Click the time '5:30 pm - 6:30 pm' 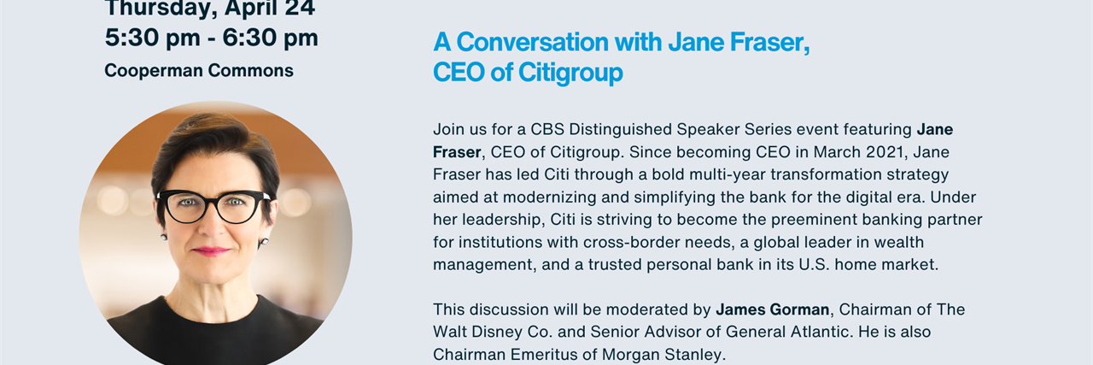click(211, 38)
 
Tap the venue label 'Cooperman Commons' click(199, 71)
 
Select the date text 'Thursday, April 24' click(210, 9)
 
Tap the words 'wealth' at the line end click(900, 243)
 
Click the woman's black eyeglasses click(213, 206)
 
